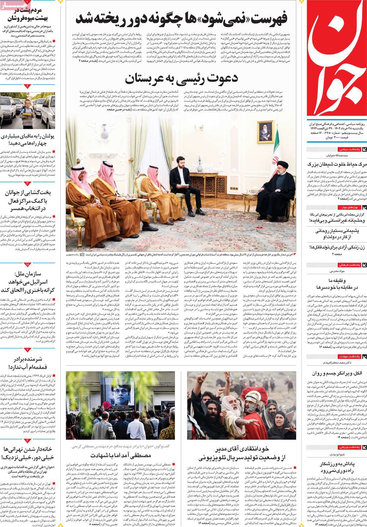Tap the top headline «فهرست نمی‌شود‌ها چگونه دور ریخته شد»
[x=181, y=19]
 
